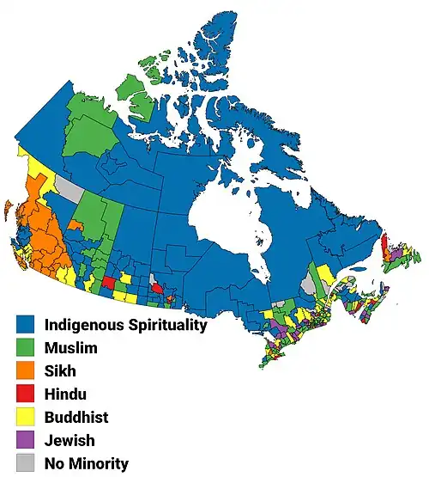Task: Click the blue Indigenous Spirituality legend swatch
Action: [26, 325]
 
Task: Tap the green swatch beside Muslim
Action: [26, 348]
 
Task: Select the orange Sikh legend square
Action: [26, 371]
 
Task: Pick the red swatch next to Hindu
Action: [26, 394]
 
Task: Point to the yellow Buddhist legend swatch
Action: [26, 418]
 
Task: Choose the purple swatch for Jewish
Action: [26, 441]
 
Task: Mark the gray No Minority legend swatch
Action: [26, 464]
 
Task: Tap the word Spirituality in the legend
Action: [166, 326]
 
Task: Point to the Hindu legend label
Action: [65, 394]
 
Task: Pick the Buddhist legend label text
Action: [76, 418]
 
